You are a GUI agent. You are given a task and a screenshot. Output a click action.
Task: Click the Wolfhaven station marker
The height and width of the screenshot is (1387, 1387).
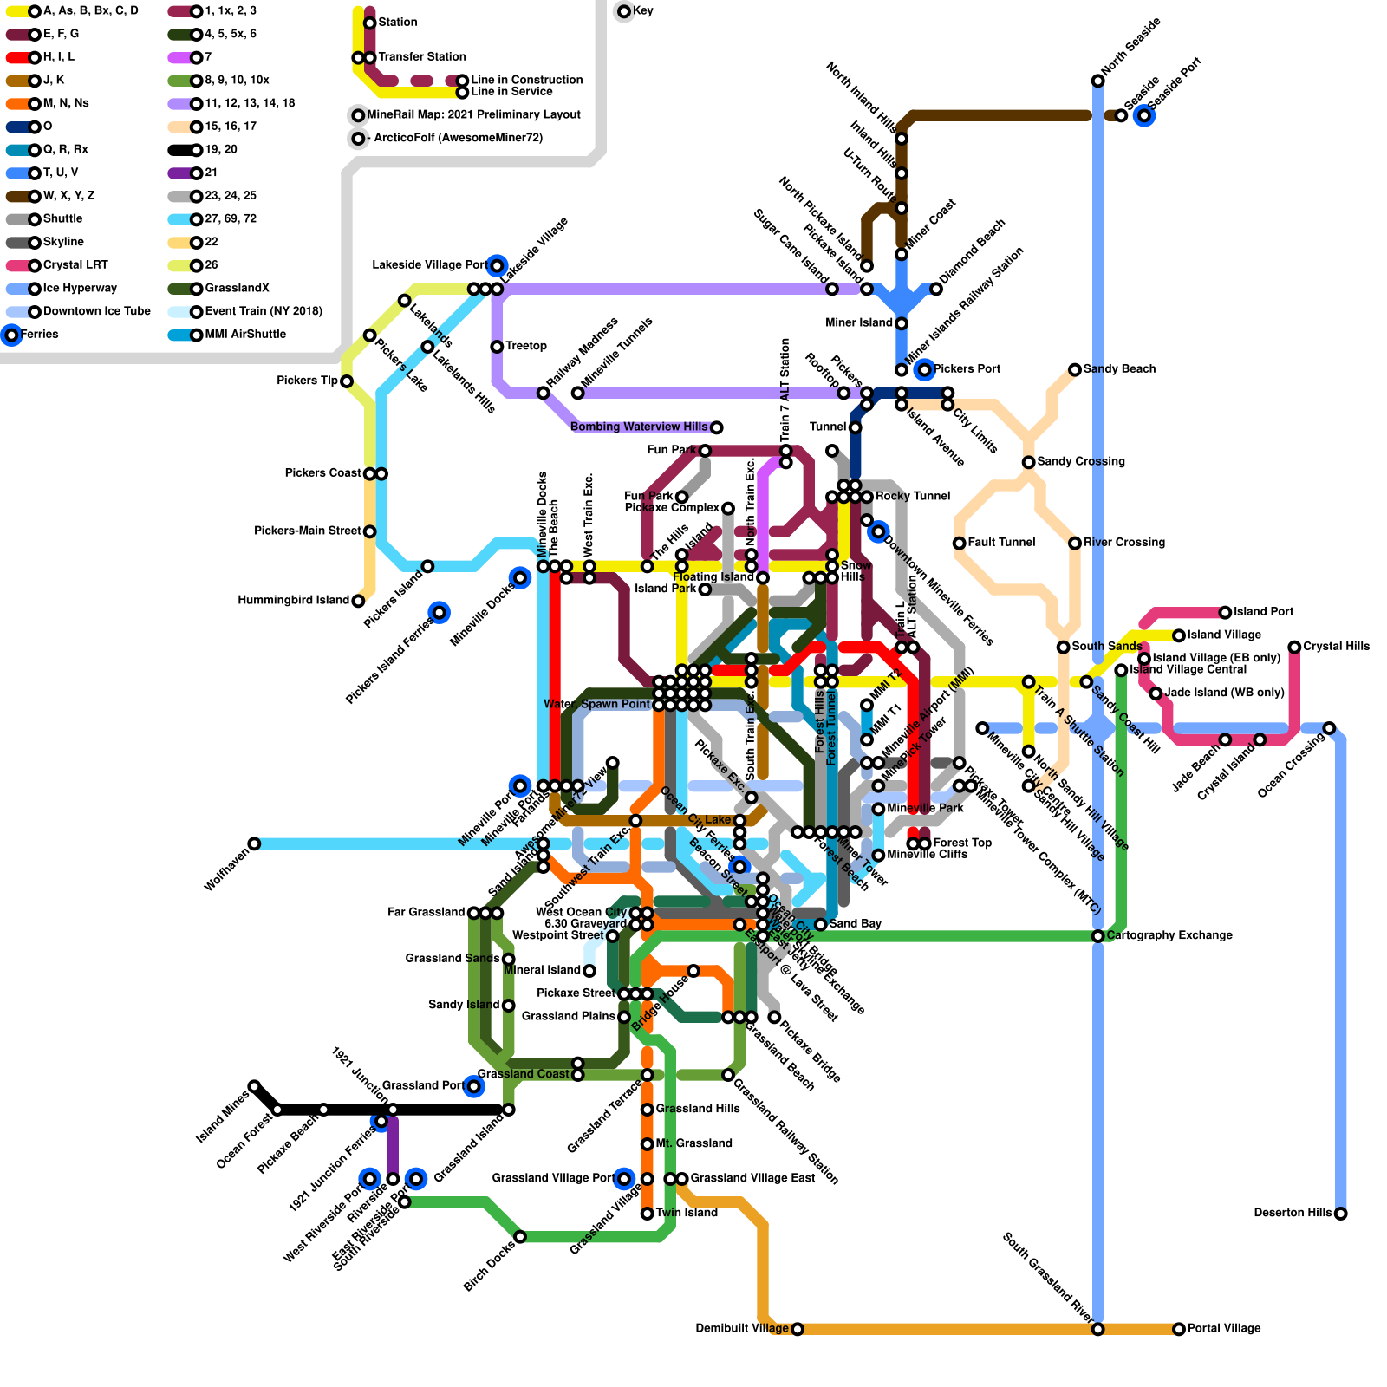[254, 843]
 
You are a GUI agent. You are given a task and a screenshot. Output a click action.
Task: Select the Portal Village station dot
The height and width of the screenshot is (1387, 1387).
[1179, 1329]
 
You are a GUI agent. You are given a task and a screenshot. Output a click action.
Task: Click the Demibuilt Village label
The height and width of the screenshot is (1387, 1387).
[742, 1329]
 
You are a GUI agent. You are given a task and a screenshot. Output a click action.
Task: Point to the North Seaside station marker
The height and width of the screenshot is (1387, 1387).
[1098, 81]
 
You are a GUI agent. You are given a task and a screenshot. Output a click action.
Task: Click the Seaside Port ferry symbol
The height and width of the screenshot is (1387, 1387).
[1144, 115]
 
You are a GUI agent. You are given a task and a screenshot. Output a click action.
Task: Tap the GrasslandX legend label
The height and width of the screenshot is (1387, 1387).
[238, 289]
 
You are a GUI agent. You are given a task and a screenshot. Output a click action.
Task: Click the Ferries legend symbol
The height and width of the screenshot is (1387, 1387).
[11, 335]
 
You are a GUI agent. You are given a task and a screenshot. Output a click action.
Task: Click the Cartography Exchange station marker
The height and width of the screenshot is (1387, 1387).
[1098, 936]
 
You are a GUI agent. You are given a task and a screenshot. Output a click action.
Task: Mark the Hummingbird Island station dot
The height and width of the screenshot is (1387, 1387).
[358, 601]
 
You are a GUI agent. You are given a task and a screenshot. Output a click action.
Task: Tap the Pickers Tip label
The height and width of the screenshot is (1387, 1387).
[307, 381]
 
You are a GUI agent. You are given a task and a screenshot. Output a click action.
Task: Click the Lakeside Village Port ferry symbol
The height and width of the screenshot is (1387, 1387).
[497, 265]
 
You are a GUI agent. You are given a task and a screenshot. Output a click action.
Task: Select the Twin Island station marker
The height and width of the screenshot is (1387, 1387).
[648, 1214]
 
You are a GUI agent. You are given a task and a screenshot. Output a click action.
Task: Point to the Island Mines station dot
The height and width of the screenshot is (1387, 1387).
[254, 1086]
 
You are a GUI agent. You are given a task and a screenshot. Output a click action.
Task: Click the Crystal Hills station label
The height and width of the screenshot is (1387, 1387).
[1336, 647]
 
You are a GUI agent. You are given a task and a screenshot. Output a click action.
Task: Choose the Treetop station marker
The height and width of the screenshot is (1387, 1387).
[497, 347]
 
